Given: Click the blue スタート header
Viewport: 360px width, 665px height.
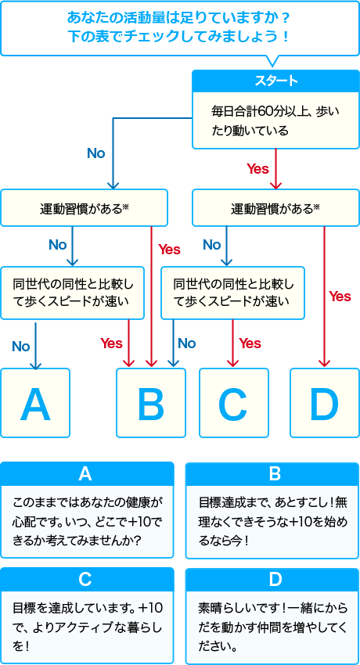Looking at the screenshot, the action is click(x=276, y=81).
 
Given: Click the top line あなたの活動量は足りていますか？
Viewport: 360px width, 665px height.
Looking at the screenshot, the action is click(x=179, y=18).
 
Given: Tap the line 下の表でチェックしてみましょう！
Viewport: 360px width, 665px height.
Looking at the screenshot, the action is click(x=179, y=37).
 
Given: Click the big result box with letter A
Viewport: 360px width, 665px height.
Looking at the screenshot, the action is click(x=35, y=403).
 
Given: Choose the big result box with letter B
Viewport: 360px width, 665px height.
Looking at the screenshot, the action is click(x=151, y=403).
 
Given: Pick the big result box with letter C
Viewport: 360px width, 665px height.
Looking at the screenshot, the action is click(x=234, y=403).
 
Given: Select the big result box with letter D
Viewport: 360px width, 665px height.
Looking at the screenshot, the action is click(x=324, y=403).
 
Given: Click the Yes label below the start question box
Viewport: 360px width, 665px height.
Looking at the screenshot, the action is click(x=257, y=169).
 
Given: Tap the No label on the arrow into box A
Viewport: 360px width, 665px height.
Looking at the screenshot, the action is click(x=21, y=347).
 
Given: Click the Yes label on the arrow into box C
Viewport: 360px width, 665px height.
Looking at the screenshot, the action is click(x=250, y=343).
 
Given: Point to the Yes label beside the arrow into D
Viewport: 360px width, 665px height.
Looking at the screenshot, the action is click(x=340, y=296).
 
